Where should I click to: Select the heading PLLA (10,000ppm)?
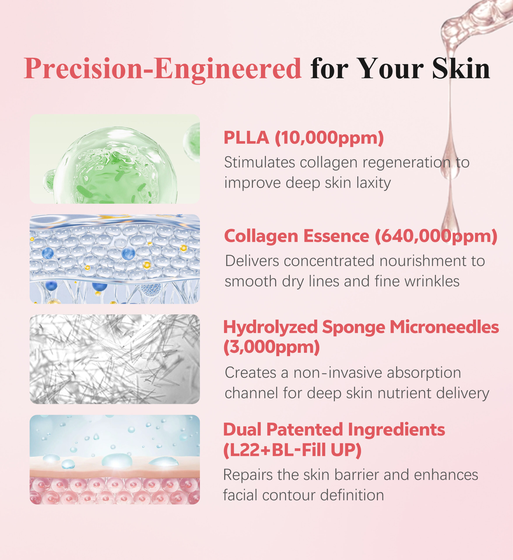pyautogui.click(x=304, y=138)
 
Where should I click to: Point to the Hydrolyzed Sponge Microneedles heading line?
pyautogui.click(x=361, y=327)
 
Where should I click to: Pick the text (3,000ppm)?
pyautogui.click(x=272, y=347)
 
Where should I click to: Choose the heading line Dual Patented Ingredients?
pyautogui.click(x=334, y=429)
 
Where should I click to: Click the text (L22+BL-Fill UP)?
pyautogui.click(x=292, y=450)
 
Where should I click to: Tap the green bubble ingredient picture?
pyautogui.click(x=115, y=159)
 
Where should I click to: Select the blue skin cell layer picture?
pyautogui.click(x=115, y=259)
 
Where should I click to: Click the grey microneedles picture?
pyautogui.click(x=115, y=359)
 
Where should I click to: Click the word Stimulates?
pyautogui.click(x=259, y=162)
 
